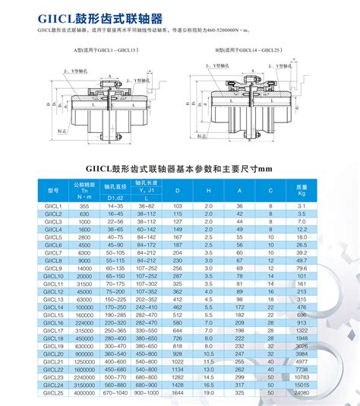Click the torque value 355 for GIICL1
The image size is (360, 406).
84,206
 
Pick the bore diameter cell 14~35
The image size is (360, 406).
115,206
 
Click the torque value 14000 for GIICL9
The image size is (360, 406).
84,269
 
